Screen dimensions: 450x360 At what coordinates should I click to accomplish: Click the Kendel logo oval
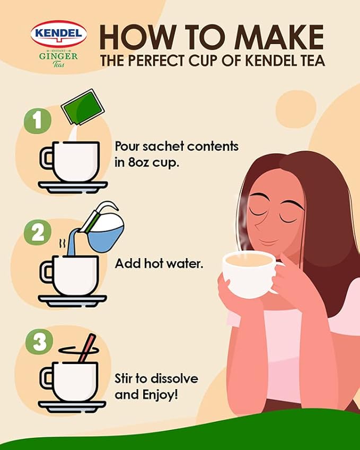[x=59, y=34]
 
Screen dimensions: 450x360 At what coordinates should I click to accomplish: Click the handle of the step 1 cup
[x=46, y=158]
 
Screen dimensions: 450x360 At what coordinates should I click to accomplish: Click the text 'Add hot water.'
[x=159, y=263]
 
